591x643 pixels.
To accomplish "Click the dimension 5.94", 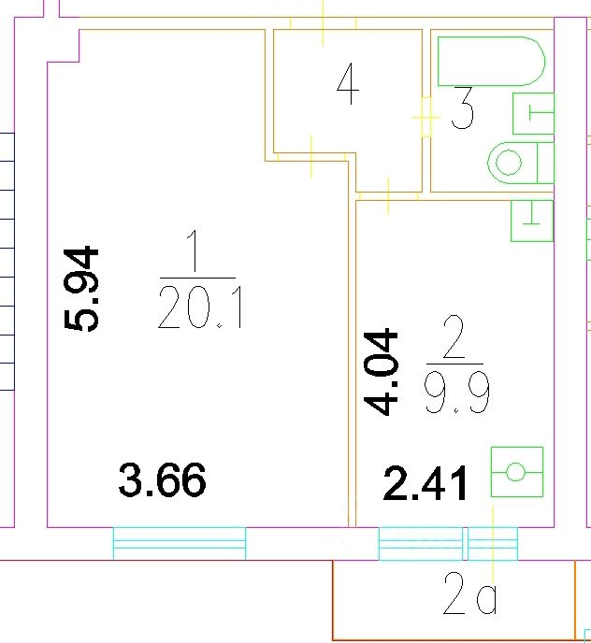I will (x=80, y=288).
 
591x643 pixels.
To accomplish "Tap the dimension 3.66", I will (x=163, y=481).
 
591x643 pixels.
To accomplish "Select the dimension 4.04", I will (x=382, y=371).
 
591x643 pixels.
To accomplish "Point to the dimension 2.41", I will (x=426, y=484).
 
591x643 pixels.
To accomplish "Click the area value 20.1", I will (x=200, y=307).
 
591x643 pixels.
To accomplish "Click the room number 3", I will (x=462, y=109).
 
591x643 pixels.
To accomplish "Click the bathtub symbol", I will (x=489, y=62).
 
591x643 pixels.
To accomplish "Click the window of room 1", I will (x=180, y=543).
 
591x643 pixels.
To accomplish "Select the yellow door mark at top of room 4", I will (x=323, y=21).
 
